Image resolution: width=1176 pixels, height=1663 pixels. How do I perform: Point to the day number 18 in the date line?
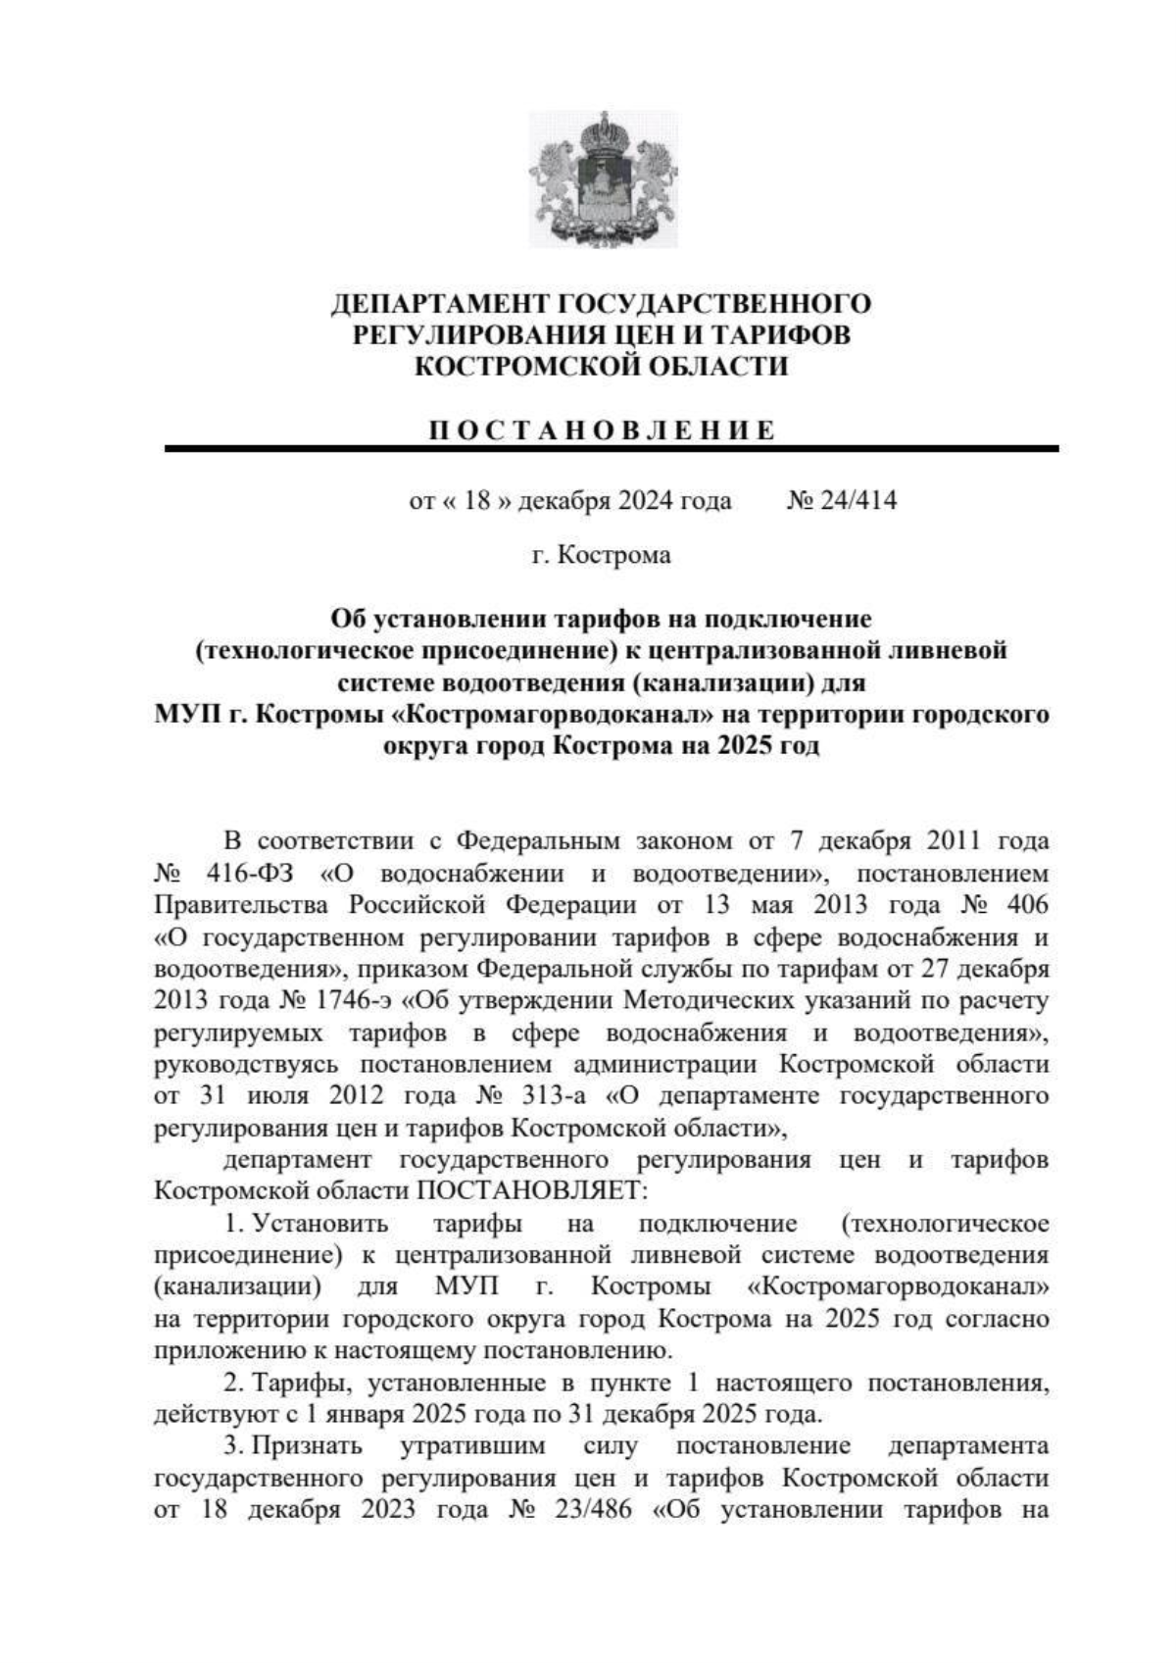[476, 501]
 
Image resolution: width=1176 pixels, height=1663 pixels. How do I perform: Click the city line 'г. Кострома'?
[602, 556]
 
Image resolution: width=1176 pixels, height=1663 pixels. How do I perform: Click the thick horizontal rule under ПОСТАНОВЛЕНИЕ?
[612, 448]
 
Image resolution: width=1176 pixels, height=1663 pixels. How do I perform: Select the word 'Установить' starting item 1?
[322, 1224]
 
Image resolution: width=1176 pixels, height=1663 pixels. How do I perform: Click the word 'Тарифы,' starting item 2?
[296, 1384]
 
